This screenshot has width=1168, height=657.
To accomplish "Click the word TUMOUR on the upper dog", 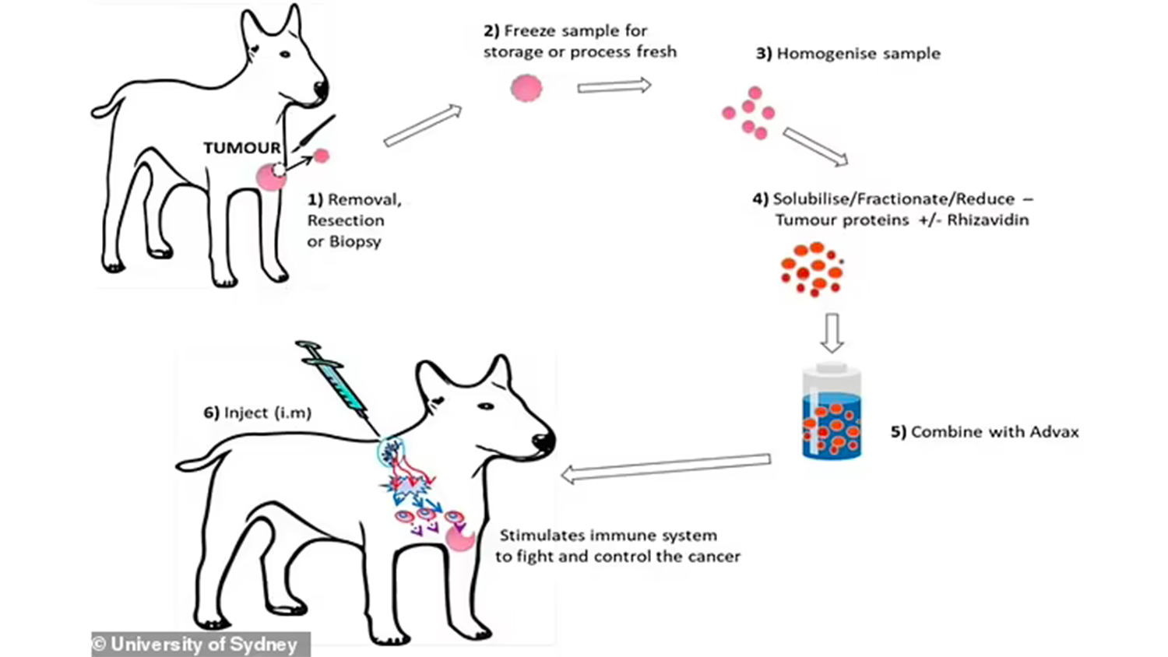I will tap(242, 148).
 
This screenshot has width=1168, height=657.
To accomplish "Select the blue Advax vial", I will tap(832, 413).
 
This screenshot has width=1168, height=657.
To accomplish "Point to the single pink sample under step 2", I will tap(526, 88).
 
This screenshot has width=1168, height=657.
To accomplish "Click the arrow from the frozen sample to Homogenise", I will tap(614, 86).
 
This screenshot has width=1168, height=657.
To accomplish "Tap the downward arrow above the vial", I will tap(832, 332).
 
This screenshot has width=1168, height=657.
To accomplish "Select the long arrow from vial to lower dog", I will tap(666, 468).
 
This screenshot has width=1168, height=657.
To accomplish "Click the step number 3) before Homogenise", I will tap(764, 54).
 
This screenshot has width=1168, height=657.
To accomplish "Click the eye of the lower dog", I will tap(486, 406).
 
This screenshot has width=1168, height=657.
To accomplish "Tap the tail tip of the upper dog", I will tap(97, 111).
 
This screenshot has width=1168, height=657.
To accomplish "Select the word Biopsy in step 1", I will tap(355, 241).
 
